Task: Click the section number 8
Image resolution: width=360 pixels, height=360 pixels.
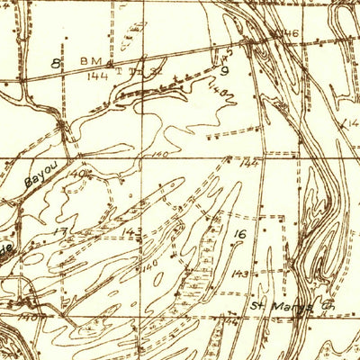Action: (56, 63)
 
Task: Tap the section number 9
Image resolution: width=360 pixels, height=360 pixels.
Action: (224, 69)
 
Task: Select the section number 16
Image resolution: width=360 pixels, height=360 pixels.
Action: (239, 235)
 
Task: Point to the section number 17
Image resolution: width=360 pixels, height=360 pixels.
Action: (60, 232)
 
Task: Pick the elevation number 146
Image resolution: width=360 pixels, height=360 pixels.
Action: (287, 34)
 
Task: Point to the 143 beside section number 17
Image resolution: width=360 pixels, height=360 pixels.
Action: (132, 232)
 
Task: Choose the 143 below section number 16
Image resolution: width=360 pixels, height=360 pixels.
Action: (239, 272)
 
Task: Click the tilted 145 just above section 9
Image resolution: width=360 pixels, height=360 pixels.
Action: (221, 56)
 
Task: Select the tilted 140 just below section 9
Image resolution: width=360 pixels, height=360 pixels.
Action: (216, 90)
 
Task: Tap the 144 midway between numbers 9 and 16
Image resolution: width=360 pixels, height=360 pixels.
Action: (248, 164)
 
